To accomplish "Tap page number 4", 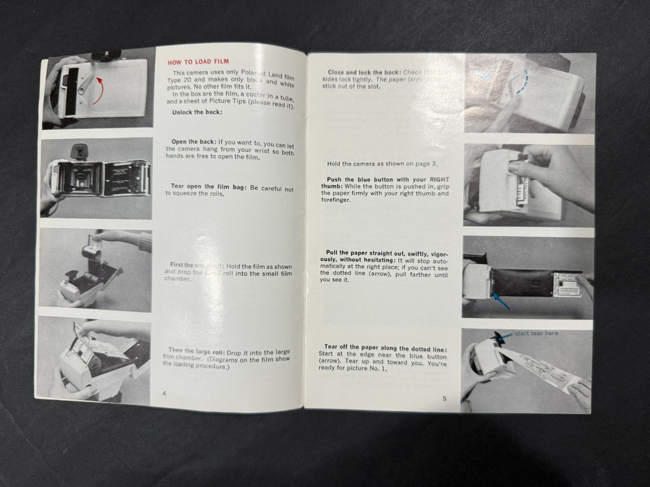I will click(164, 393).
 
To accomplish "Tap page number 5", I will click(444, 399).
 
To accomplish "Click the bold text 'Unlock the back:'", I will click(197, 112).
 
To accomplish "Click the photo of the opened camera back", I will click(96, 176).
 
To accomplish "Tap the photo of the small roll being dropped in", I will click(96, 269).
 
